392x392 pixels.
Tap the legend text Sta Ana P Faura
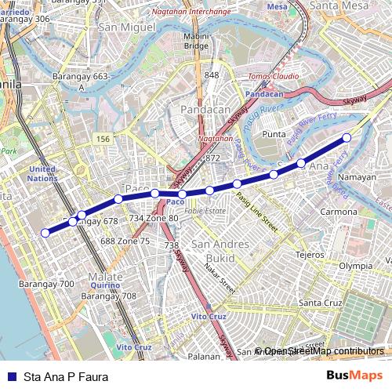point(66,376)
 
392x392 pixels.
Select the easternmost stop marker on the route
point(347,138)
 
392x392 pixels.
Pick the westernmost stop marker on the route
point(45,232)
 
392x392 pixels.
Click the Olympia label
point(355,266)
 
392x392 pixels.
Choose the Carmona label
point(339,212)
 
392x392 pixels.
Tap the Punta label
point(274,134)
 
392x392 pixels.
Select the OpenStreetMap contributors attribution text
point(323,351)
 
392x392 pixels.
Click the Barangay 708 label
point(109,296)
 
